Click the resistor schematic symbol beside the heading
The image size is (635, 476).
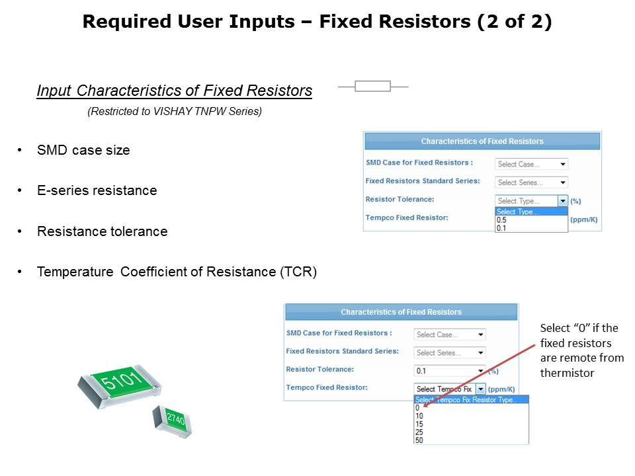click(373, 86)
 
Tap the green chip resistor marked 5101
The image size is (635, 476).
click(120, 385)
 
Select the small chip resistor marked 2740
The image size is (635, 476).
click(173, 421)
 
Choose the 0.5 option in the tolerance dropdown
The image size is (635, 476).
click(501, 219)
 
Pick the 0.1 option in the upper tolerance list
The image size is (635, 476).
click(501, 228)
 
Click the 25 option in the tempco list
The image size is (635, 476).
click(419, 432)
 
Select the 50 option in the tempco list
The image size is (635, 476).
click(419, 440)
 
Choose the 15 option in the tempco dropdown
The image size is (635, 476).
click(419, 424)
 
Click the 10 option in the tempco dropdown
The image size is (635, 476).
click(419, 416)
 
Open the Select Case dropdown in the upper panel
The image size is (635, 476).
click(531, 164)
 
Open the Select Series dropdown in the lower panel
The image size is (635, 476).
click(450, 352)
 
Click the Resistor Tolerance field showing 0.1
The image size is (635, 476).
click(450, 371)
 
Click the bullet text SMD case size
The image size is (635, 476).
click(83, 150)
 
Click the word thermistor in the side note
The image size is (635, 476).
click(567, 373)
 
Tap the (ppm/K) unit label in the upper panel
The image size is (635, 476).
click(584, 219)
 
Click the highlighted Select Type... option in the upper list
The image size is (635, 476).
click(531, 212)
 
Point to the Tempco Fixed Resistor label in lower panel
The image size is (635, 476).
click(327, 387)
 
